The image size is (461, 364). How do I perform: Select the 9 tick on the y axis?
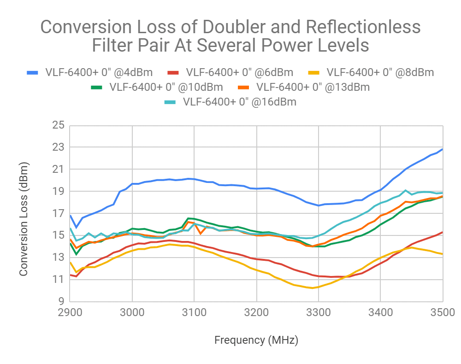point(60,301)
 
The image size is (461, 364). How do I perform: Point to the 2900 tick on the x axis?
point(69,313)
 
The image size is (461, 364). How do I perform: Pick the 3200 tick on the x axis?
point(256,313)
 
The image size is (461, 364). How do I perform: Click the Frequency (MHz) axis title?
point(256,341)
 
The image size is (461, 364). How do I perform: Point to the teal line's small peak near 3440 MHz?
point(405,190)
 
